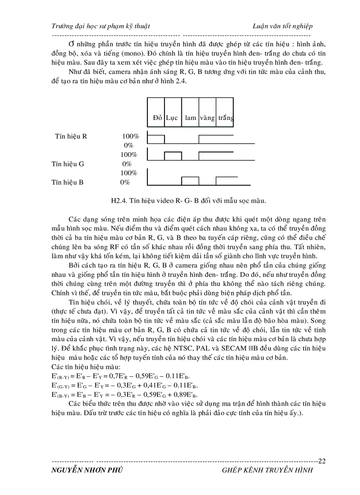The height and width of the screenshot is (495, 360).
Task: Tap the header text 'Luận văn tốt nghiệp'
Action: point(282,26)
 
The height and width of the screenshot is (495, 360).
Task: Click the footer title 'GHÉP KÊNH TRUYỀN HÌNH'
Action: point(268,470)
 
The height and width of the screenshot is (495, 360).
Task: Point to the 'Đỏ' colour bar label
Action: point(157,118)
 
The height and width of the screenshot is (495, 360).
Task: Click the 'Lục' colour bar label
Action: point(172,118)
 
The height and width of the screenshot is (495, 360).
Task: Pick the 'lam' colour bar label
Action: point(191,118)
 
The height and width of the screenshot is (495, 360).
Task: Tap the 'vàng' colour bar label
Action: point(207,118)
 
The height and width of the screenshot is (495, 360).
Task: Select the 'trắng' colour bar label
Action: point(225,118)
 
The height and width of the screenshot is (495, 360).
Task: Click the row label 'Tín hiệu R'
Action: point(71,136)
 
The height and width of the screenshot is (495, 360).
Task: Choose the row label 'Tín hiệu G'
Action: point(68,164)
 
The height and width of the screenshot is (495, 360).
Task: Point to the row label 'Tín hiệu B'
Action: point(67,182)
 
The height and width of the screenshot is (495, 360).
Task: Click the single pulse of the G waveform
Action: point(173,156)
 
